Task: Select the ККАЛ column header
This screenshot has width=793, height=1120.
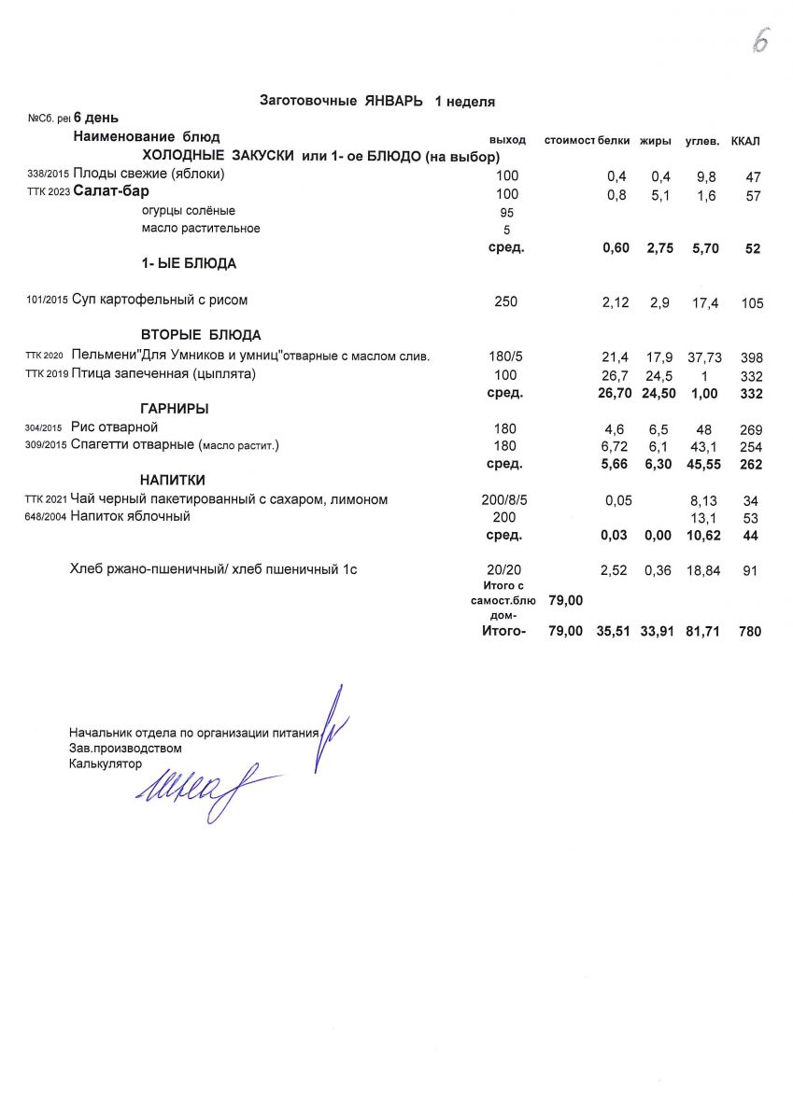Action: click(745, 141)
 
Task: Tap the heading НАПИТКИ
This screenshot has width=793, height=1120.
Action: click(173, 480)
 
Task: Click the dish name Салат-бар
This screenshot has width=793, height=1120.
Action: click(111, 193)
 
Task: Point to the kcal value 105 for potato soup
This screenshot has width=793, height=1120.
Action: click(752, 303)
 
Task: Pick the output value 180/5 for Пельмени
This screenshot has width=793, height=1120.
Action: click(505, 357)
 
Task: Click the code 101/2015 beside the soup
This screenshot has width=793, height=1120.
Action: click(48, 301)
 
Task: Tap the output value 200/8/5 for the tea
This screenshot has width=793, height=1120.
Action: click(504, 500)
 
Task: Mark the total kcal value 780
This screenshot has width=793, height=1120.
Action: click(749, 632)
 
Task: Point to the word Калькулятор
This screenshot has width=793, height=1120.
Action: click(105, 764)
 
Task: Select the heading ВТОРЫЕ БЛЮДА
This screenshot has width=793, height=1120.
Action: click(201, 335)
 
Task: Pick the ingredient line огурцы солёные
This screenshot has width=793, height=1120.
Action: click(189, 211)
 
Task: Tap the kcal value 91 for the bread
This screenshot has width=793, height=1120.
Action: click(751, 571)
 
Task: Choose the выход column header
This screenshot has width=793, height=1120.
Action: click(507, 140)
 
